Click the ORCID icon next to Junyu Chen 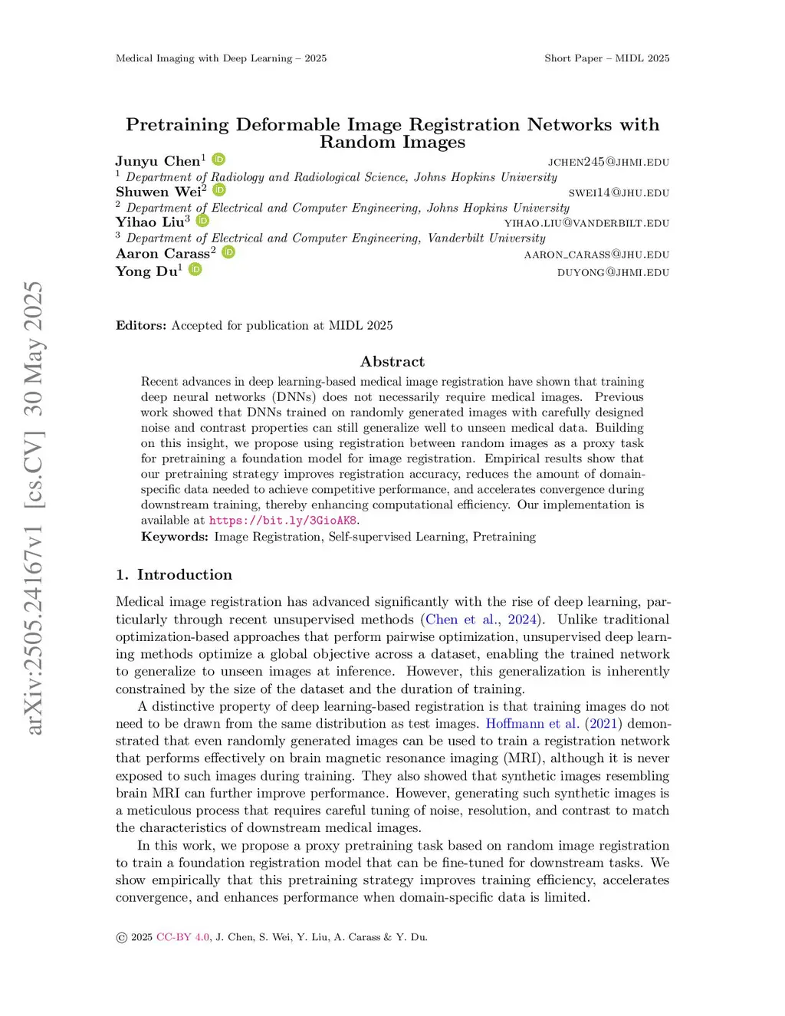click(x=218, y=159)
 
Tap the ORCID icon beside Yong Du click(x=195, y=269)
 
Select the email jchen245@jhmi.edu click(x=608, y=162)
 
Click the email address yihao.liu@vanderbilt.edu click(x=586, y=223)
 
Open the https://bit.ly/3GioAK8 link click(x=283, y=521)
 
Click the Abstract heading click(x=392, y=361)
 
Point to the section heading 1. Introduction click(x=174, y=574)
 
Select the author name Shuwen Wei click(x=159, y=192)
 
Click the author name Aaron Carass click(x=163, y=254)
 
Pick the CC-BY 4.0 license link click(x=182, y=937)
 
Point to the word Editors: click(x=141, y=325)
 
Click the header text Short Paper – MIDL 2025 click(x=606, y=58)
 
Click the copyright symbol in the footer click(x=121, y=938)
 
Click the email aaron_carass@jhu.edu click(x=596, y=255)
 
